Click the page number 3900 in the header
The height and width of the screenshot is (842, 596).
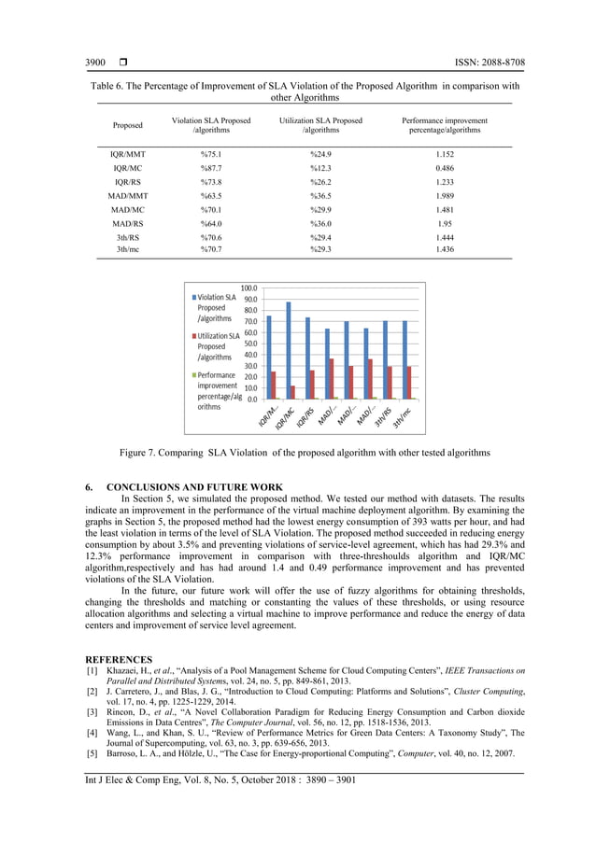coord(95,63)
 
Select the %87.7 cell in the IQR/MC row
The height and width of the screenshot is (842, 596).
coord(212,167)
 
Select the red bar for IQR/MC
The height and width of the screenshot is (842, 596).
coord(293,392)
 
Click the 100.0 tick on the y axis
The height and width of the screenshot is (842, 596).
coord(249,288)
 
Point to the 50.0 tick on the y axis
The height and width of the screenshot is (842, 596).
coord(249,344)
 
